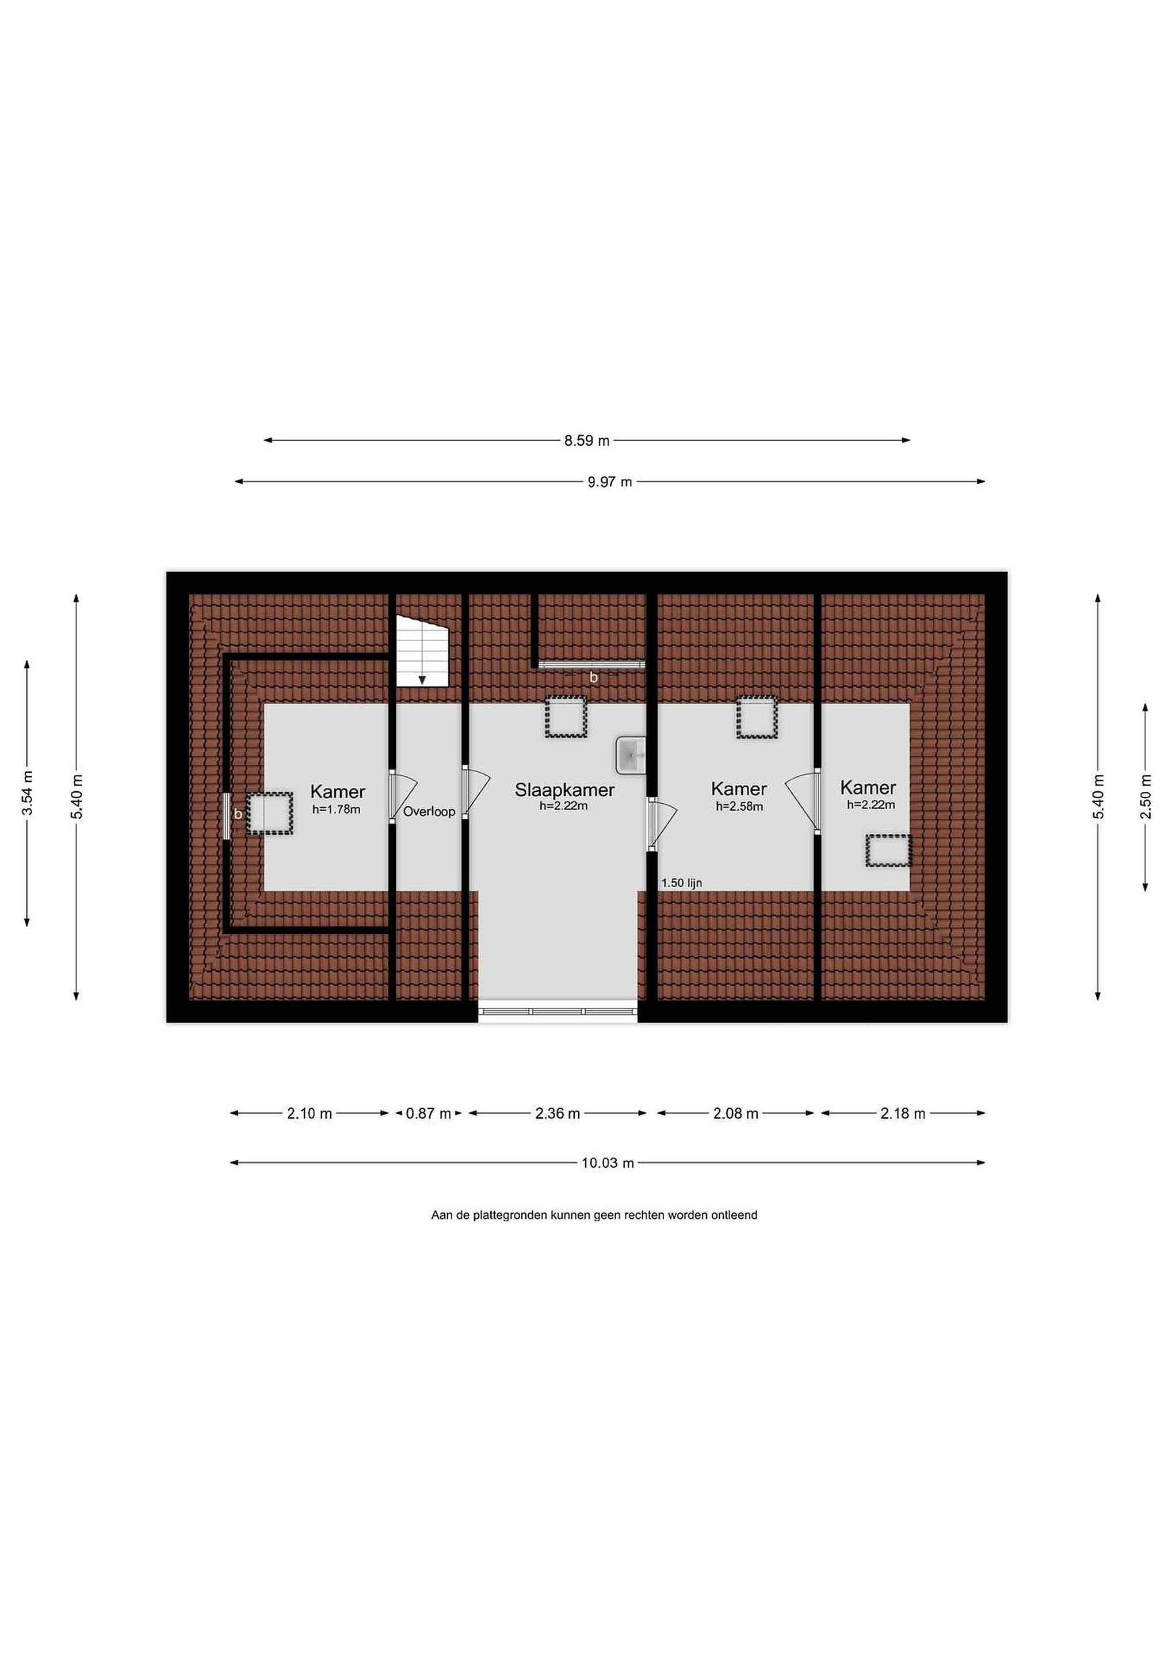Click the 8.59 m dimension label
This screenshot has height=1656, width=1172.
[587, 440]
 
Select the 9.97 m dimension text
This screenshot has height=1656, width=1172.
[609, 482]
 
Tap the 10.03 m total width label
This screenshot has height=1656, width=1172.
[608, 1163]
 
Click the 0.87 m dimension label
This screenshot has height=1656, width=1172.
[428, 1114]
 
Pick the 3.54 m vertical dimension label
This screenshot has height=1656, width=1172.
[28, 793]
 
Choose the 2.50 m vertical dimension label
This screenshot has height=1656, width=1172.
[1146, 796]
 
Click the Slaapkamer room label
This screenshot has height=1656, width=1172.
[564, 790]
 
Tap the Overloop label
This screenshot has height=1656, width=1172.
[429, 811]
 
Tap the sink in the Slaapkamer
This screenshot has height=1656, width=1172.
[630, 755]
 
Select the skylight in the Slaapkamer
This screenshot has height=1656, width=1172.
[565, 716]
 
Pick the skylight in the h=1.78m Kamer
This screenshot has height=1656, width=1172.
[270, 814]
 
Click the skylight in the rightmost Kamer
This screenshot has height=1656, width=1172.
[888, 850]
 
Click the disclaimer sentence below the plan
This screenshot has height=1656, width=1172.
[594, 1216]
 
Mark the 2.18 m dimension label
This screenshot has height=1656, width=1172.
[902, 1114]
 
